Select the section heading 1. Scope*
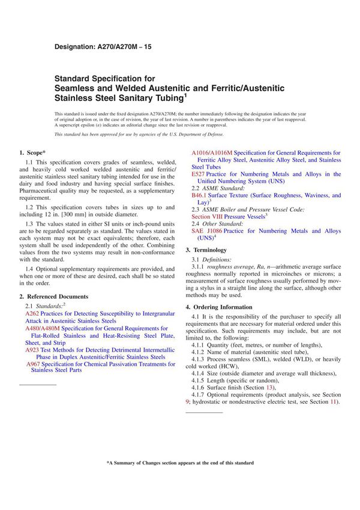[35, 153]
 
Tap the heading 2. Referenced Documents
[53, 296]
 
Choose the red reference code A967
[34, 364]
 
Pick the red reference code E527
[198, 174]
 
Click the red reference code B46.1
[199, 196]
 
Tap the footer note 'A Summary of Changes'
[180, 463]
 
